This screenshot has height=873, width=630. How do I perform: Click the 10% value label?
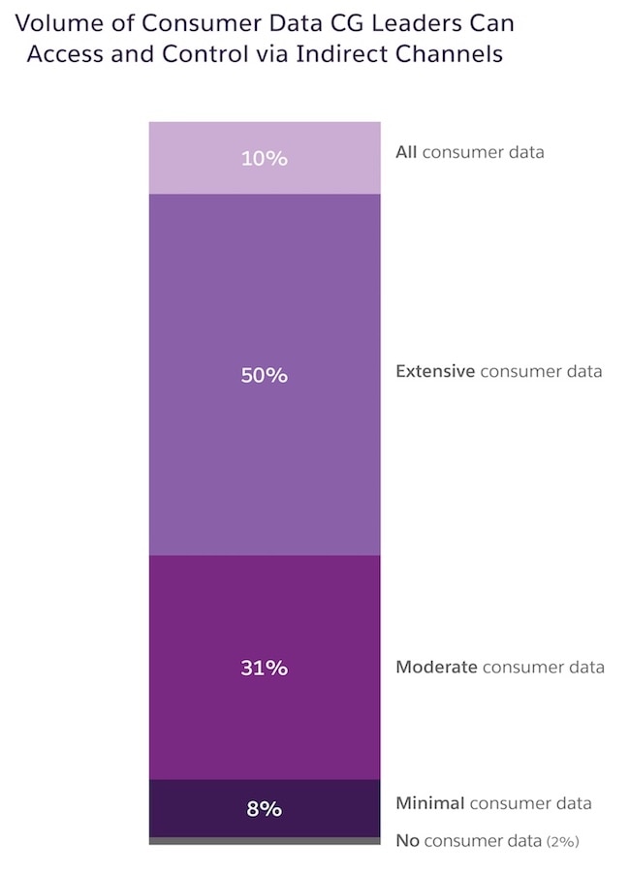(265, 158)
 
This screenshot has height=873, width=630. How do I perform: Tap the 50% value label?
(265, 375)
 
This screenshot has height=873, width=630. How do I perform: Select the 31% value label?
(265, 668)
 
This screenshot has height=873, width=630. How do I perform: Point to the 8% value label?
(265, 808)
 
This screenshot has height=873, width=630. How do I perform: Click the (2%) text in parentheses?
(562, 841)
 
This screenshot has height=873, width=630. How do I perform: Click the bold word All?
(406, 152)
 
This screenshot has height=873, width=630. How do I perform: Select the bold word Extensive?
(435, 371)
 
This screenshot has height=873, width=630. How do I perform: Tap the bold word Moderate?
(436, 667)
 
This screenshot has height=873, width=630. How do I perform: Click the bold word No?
(407, 840)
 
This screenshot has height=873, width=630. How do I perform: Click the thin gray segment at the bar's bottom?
(265, 840)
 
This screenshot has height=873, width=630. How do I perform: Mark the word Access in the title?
(61, 54)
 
